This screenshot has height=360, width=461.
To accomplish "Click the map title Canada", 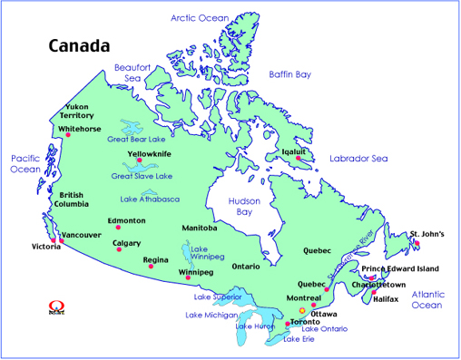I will click(x=79, y=45).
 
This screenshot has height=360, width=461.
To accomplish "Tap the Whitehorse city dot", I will click(x=67, y=136).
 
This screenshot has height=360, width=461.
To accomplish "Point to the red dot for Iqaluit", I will click(x=297, y=159).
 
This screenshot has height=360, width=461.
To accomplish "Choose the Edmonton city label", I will click(x=127, y=221).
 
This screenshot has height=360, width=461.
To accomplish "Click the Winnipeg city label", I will click(x=196, y=272).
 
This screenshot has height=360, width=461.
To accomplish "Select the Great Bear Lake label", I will click(x=135, y=140).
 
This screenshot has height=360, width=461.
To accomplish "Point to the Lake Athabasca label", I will click(x=149, y=199).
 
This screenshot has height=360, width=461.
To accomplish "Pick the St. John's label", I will click(x=427, y=235).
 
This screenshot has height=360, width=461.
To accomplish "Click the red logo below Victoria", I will click(x=51, y=306).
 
